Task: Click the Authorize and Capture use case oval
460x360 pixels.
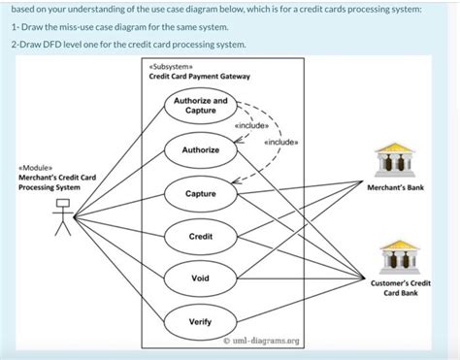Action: coord(200,106)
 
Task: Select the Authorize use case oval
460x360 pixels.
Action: coord(200,150)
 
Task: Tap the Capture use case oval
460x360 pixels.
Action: coord(200,195)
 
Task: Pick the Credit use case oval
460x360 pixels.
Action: coord(200,237)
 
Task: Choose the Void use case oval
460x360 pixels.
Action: coord(200,278)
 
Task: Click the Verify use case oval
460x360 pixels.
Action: coord(200,320)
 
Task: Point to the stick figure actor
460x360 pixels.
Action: coord(63,216)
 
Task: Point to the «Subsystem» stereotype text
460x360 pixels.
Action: coord(171,65)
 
